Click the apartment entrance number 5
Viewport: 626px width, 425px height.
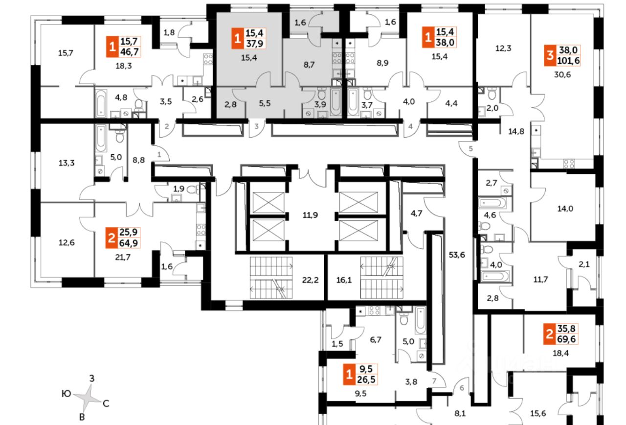click(470, 148)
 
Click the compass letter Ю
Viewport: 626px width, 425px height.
click(66, 393)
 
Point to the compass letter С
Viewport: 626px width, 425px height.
click(106, 404)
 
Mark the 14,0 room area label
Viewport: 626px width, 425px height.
click(565, 209)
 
